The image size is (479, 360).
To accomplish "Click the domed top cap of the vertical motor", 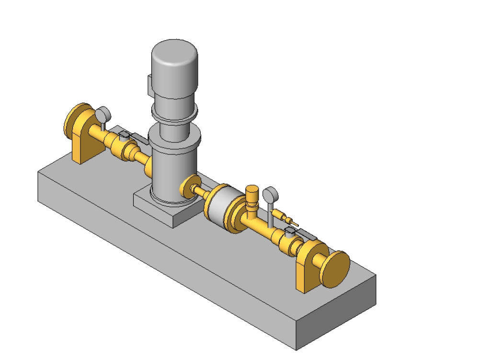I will (175, 53).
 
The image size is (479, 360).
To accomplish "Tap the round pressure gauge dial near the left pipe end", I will (103, 115).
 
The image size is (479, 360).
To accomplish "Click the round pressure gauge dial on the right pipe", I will (271, 194).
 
